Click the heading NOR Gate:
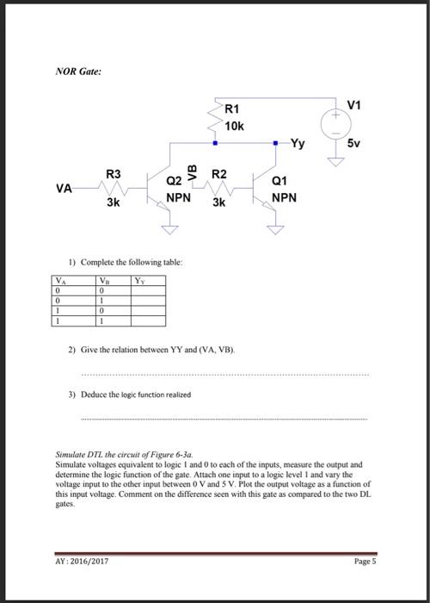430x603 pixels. (78, 71)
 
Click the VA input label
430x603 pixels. (63, 188)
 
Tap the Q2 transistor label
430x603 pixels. (174, 181)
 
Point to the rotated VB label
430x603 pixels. (192, 171)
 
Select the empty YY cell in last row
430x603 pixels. (148, 320)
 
